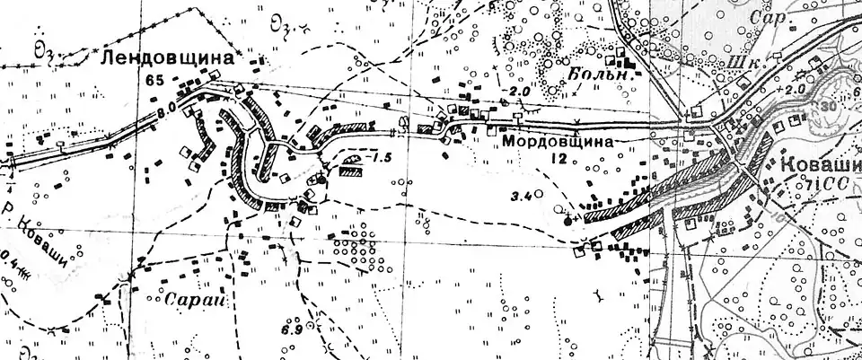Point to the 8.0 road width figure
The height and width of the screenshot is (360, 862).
(x=166, y=113)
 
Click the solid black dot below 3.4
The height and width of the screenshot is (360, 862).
(x=567, y=218)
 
